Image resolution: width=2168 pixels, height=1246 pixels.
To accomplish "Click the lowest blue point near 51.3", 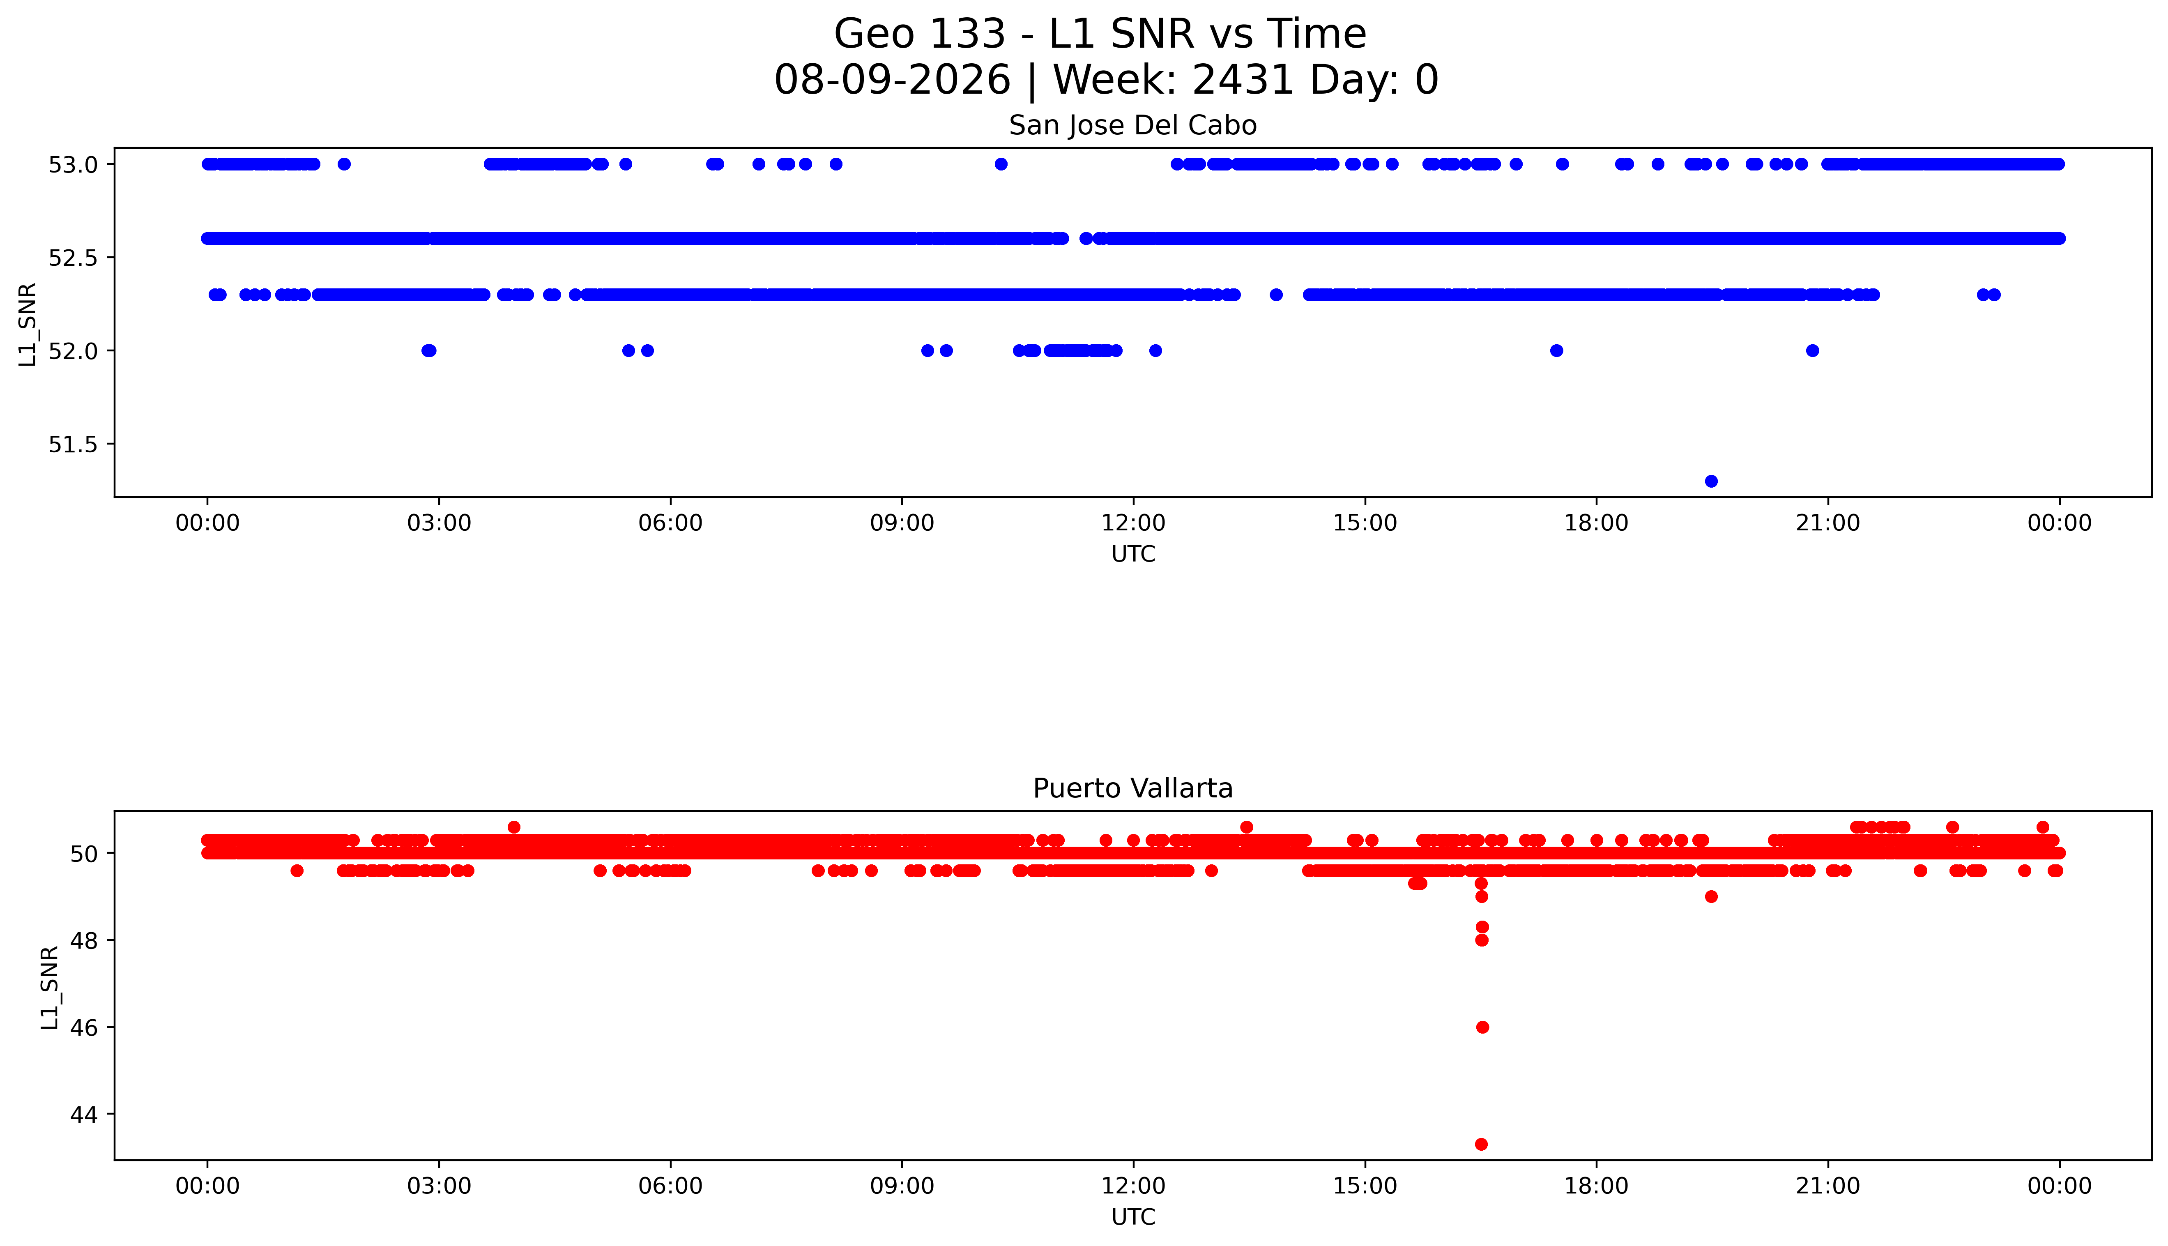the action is tap(1711, 481).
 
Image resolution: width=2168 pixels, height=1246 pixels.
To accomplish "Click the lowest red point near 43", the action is tap(1482, 1144).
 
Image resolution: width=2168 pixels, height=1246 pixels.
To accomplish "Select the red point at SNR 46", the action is tap(1483, 1027).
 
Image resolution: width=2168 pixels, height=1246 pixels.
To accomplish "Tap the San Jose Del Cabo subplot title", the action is tap(1133, 126).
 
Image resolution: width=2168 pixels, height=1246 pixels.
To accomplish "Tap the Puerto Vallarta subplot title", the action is tap(1133, 788).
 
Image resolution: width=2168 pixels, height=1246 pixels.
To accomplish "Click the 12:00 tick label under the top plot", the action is tap(1134, 523).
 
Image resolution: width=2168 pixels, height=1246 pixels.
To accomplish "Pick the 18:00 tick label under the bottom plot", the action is tap(1597, 1186).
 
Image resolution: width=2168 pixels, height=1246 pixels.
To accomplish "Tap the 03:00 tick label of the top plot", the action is tap(439, 523).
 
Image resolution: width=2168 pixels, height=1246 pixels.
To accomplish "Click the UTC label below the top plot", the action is tap(1134, 555).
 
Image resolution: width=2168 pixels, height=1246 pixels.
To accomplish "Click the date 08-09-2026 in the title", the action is tap(892, 81).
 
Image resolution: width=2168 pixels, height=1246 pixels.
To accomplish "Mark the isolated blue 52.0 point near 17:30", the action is tap(1556, 350).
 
